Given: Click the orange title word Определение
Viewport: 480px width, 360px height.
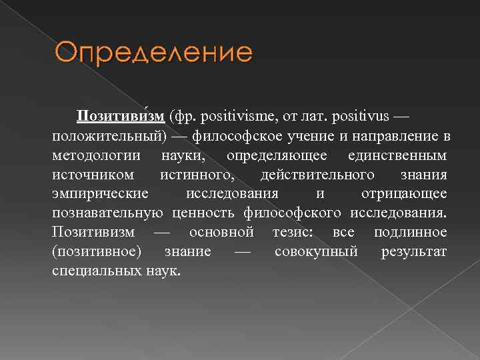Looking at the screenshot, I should [149, 54].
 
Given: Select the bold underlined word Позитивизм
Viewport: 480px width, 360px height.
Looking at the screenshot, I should [121, 117].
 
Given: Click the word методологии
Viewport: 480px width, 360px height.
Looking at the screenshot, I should [96, 155].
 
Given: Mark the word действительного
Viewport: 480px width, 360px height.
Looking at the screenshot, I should [317, 175].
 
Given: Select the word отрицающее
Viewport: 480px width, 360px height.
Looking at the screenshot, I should [404, 194].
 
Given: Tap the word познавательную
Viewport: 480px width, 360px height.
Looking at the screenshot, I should [107, 213].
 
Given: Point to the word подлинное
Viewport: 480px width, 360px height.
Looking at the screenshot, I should [411, 233].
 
